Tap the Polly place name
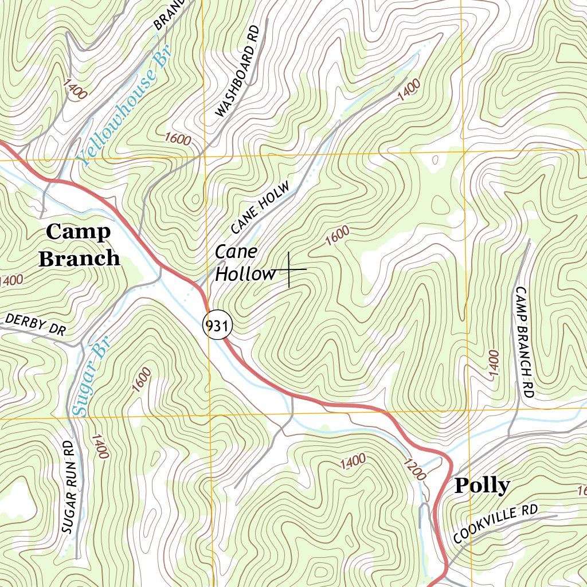(x=482, y=486)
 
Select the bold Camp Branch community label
(x=79, y=245)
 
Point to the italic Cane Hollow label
(x=245, y=263)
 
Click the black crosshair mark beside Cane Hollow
(x=289, y=269)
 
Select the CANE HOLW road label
(x=261, y=209)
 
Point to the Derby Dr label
(x=34, y=324)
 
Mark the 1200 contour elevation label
(x=415, y=469)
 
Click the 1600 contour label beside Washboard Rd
(x=177, y=139)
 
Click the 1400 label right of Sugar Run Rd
(x=99, y=446)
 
